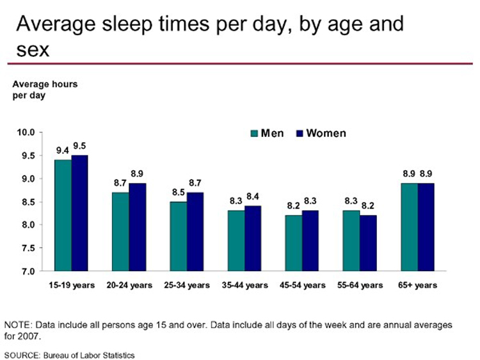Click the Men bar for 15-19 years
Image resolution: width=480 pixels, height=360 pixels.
(x=63, y=215)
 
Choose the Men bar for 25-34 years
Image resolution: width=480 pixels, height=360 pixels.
(x=178, y=236)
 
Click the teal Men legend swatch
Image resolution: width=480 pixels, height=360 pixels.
(x=253, y=134)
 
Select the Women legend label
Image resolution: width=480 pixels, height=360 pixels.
(x=326, y=134)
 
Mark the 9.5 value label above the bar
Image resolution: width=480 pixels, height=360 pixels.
(x=80, y=146)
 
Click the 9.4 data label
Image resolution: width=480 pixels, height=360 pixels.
(x=62, y=151)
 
